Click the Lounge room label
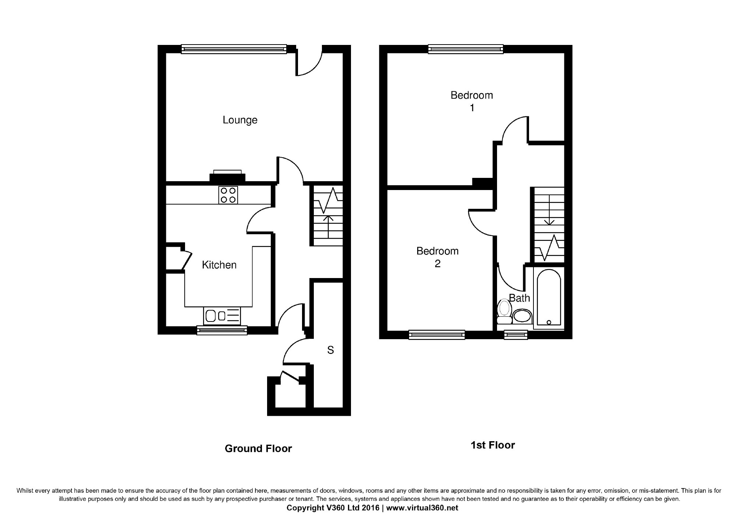tap(240, 120)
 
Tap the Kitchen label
tap(219, 265)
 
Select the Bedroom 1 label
tap(472, 101)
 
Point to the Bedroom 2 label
tap(437, 257)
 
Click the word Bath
tap(519, 298)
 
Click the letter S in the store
tap(330, 350)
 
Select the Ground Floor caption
tap(258, 448)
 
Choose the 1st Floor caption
tap(493, 445)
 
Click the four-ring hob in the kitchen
tap(228, 195)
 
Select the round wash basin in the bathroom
tap(522, 316)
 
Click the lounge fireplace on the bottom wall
tap(227, 176)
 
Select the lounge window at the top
tap(234, 49)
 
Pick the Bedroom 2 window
tap(437, 334)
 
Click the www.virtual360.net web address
tap(422, 508)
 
